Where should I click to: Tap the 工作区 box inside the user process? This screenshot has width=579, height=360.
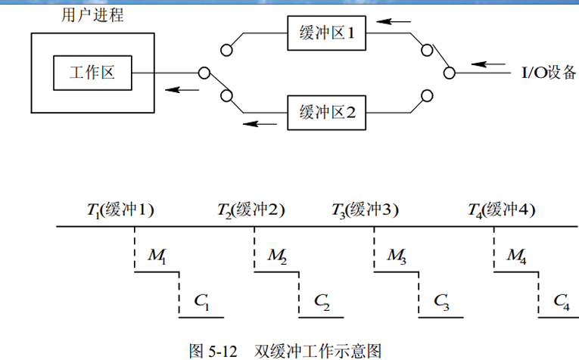[92, 73]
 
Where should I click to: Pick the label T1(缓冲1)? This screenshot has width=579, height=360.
[120, 209]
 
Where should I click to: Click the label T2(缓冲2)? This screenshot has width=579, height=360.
[251, 209]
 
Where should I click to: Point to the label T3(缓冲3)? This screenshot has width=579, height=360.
[366, 209]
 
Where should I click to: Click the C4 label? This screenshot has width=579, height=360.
[561, 301]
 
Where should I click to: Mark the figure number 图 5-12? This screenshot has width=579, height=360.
[213, 350]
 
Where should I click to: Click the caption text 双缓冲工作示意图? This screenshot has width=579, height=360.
[317, 350]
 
